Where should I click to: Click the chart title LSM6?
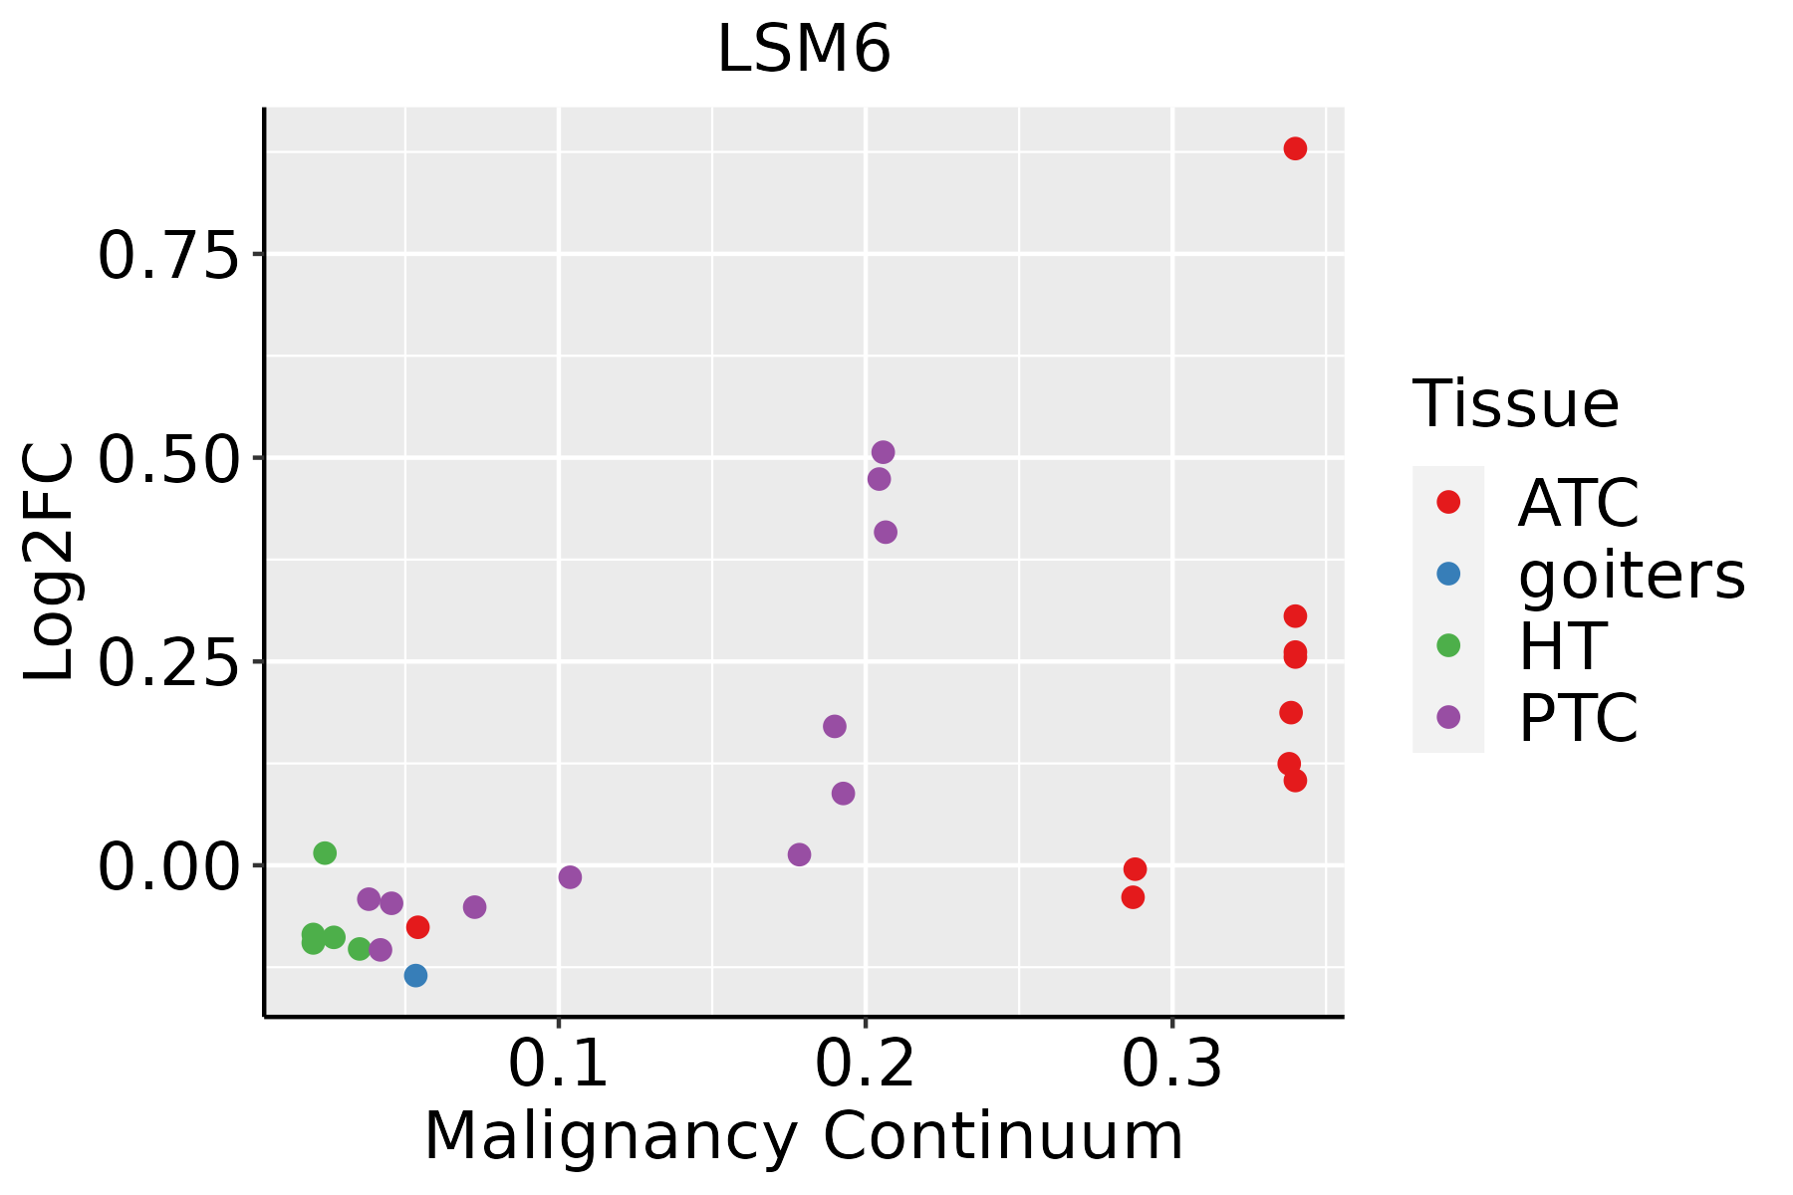pos(803,50)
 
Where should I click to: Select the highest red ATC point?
pos(1295,148)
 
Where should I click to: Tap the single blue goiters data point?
pos(416,975)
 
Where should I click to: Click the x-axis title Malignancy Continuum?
pos(803,1136)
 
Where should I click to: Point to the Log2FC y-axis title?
pos(50,562)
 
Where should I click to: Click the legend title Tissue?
pos(1515,404)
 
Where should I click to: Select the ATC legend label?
pos(1578,503)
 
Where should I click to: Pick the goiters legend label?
pos(1632,575)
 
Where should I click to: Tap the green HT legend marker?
pos(1448,645)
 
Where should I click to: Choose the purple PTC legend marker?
pos(1448,717)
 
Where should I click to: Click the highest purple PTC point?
pos(883,452)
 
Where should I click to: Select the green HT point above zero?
pos(325,852)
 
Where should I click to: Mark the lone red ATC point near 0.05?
pos(418,927)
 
